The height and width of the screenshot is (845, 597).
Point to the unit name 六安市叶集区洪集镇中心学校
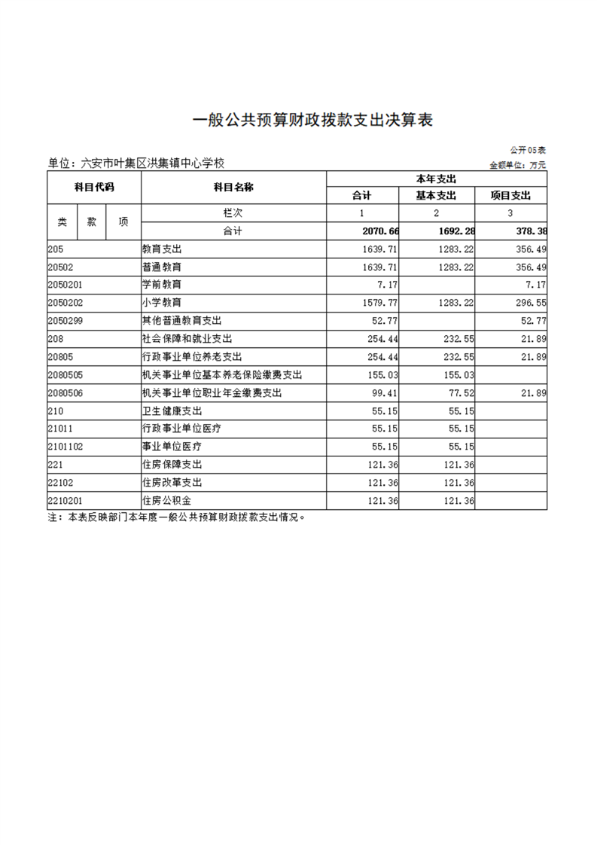[136, 163]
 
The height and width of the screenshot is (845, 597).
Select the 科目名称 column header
[233, 187]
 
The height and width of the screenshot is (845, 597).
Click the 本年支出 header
[437, 179]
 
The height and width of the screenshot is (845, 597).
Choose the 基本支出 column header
[437, 196]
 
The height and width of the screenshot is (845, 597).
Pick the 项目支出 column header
[510, 196]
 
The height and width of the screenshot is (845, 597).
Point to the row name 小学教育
[162, 302]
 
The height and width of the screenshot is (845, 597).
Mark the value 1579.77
[384, 302]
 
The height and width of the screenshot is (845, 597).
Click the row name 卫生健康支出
[172, 410]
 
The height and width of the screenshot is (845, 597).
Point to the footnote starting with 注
[177, 518]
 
